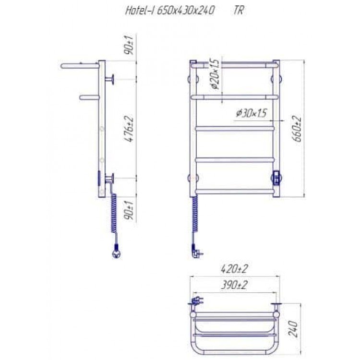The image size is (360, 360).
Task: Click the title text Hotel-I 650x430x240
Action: pos(169,11)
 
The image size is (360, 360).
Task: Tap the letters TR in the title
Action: pos(239,11)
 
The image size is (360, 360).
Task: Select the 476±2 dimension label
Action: pos(130,129)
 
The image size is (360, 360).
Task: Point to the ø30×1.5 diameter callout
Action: pos(251,113)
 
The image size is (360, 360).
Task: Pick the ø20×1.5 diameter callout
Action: pos(215,74)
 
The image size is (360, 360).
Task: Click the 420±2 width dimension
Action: pos(234,269)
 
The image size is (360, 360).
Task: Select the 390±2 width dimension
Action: pos(234,285)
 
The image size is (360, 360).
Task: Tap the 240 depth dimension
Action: pos(293,329)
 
